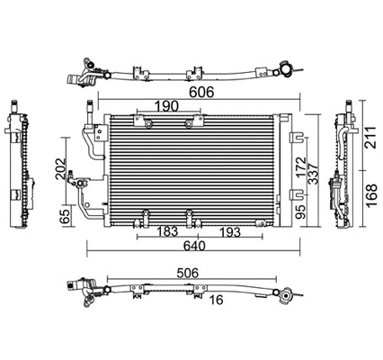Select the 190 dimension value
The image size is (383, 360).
click(x=164, y=105)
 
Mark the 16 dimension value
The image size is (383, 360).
click(x=217, y=301)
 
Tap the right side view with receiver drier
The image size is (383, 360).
click(x=343, y=171)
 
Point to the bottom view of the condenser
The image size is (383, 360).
click(x=180, y=290)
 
